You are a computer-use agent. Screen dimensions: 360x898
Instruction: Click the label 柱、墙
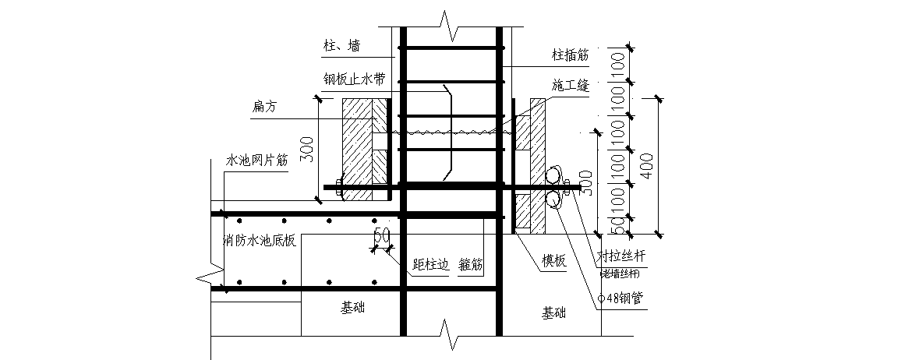tap(343, 47)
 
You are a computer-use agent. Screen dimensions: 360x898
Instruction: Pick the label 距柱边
tap(431, 265)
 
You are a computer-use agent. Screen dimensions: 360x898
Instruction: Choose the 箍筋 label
tap(472, 265)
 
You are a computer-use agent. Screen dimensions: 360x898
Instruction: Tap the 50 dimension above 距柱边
tap(381, 235)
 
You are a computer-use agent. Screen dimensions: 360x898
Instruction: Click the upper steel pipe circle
tap(555, 174)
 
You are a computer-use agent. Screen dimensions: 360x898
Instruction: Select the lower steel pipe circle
tap(555, 200)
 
